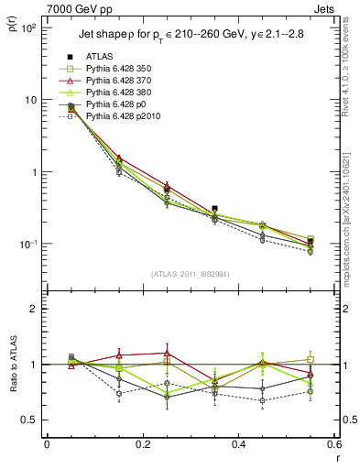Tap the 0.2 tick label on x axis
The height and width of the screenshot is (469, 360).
[x=142, y=444]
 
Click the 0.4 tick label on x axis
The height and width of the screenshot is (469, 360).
[x=238, y=444]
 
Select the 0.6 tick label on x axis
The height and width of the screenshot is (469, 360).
[x=333, y=444]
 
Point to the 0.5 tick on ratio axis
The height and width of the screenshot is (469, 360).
[x=32, y=420]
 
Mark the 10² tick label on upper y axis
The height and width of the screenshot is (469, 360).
[x=30, y=28]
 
